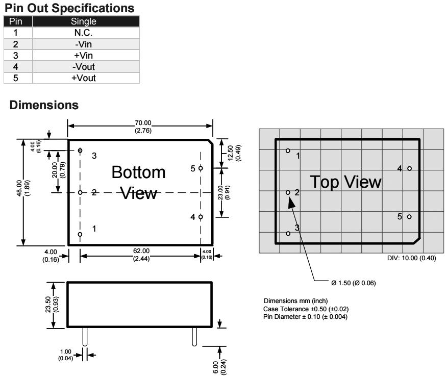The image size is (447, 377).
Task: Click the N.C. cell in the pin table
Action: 83,33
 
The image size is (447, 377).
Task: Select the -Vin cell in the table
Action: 83,44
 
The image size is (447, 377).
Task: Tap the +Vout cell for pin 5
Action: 83,78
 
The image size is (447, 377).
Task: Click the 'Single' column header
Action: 83,21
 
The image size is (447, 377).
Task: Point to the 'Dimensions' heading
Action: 44,105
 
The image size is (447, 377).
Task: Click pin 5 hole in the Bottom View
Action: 201,168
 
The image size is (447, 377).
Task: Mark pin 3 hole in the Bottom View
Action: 80,150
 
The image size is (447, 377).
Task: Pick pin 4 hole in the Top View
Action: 409,168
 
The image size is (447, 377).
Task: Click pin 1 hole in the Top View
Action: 288,150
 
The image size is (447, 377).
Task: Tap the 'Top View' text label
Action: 345,182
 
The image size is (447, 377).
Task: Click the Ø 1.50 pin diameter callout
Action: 354,283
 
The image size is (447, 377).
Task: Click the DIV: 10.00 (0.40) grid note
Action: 411,258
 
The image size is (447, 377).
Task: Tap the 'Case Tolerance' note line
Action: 306,309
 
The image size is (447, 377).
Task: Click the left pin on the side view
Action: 85,337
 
